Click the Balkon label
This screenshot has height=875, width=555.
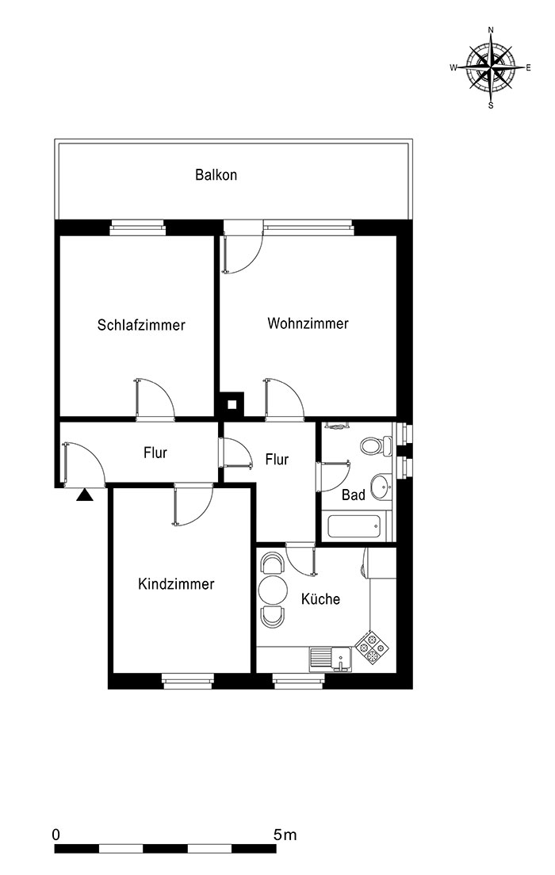[x=216, y=174]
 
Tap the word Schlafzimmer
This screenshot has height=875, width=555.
[x=141, y=325]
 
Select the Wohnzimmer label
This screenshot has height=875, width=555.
[x=308, y=323]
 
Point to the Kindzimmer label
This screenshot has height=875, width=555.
[x=176, y=583]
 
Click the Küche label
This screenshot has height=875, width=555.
[x=320, y=598]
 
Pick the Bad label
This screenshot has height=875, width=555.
[x=354, y=495]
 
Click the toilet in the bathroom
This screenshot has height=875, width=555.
[x=377, y=445]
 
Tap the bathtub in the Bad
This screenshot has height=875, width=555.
[x=354, y=526]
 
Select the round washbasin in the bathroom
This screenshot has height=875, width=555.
[x=382, y=486]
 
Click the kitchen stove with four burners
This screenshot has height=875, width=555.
[x=372, y=647]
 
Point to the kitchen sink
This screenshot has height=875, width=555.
[x=331, y=659]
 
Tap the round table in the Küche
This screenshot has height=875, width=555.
[x=273, y=590]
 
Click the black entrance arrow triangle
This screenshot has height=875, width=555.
[x=85, y=495]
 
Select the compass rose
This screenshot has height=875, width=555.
[x=490, y=67]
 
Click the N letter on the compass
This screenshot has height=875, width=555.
[x=491, y=29]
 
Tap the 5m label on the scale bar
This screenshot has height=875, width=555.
[x=285, y=835]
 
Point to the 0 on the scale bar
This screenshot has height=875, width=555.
[x=55, y=835]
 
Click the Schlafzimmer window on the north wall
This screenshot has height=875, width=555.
[x=137, y=227]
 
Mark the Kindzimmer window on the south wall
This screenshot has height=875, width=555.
[x=188, y=681]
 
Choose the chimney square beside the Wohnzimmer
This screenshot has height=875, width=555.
[x=232, y=403]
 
